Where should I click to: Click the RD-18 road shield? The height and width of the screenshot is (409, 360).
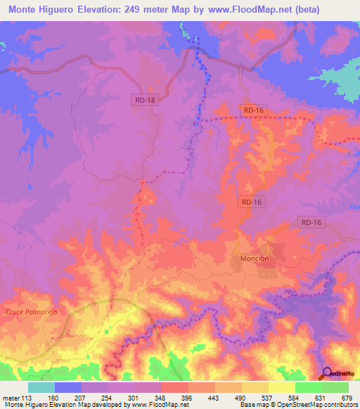tap(143, 100)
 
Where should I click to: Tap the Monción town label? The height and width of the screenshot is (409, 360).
tap(255, 259)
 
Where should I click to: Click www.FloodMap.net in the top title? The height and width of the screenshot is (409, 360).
tap(237, 10)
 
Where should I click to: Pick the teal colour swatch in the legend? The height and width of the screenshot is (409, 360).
tap(41, 387)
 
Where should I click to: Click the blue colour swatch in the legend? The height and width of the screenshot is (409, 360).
tap(68, 387)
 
